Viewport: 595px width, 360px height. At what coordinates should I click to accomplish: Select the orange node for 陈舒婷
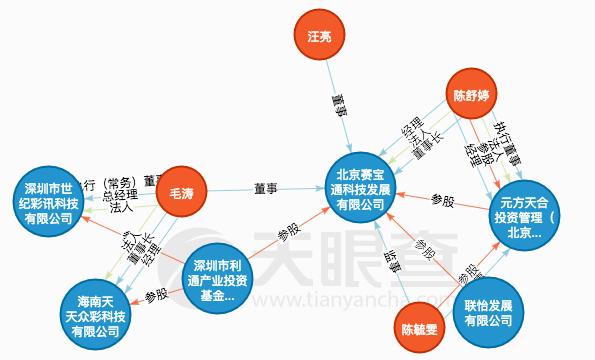tap(471, 98)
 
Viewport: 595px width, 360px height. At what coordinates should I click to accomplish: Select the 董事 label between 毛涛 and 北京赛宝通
tap(265, 187)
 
